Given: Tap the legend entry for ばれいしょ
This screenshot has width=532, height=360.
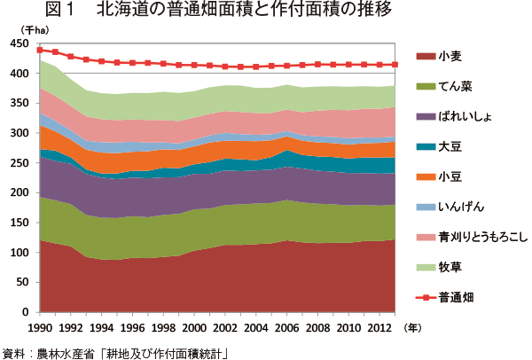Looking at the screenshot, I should click(466, 116).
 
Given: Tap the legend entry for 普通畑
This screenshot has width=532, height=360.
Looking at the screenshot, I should click(455, 297).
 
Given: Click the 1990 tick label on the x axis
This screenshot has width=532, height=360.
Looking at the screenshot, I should click(41, 327).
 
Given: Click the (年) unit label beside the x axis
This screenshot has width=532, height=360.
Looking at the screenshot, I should click(413, 326).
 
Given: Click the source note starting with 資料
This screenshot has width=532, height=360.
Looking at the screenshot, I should click(114, 351).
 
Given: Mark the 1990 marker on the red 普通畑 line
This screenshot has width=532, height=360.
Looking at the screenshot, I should click(40, 50).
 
